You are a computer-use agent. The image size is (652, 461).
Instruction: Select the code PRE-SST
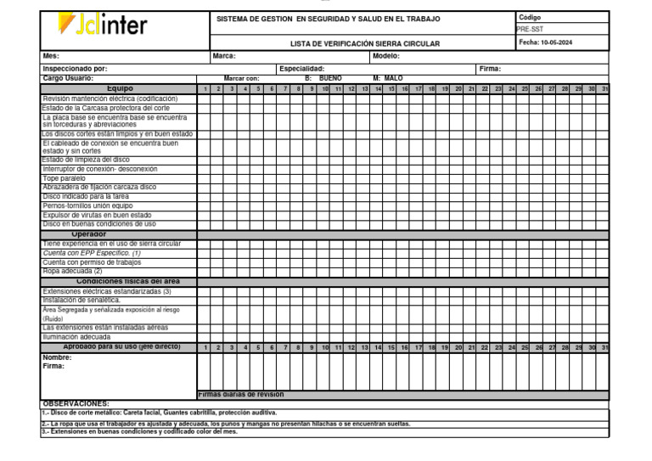[531, 28]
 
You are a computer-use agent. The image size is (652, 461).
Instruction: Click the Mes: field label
[52, 56]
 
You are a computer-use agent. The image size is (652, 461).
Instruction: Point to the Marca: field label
[224, 56]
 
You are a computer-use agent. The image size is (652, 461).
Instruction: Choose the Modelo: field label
[387, 56]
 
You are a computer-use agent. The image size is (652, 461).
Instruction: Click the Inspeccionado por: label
[75, 69]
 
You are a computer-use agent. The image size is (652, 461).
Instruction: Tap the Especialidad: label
[301, 69]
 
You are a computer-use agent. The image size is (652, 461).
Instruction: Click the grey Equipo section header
[119, 87]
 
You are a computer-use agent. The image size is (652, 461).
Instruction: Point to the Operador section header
[89, 233]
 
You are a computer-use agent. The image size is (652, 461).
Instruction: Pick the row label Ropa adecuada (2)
[72, 271]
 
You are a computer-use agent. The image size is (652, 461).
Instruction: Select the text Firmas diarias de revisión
[241, 395]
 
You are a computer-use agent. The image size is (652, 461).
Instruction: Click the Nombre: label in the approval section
[57, 357]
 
